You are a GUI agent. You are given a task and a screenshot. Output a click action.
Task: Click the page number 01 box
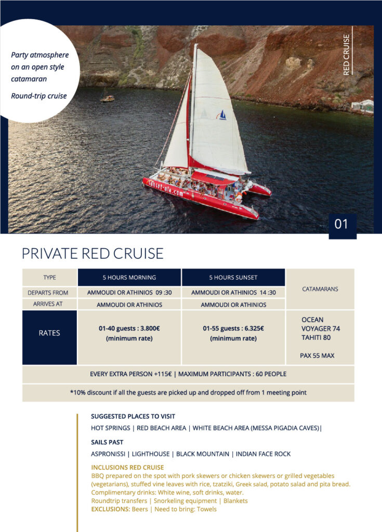(342, 224)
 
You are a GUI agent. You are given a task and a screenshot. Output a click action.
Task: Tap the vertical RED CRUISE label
(347, 55)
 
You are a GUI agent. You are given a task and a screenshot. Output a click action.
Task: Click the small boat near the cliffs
(107, 97)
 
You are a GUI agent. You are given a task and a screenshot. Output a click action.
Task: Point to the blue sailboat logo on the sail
(222, 115)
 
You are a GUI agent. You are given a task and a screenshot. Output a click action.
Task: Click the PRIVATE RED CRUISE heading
(93, 254)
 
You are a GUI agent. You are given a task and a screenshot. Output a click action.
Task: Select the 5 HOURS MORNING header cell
(129, 277)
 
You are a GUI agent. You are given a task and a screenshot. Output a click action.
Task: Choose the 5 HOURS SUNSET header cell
(233, 277)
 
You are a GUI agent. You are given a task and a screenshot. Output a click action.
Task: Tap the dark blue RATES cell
(49, 333)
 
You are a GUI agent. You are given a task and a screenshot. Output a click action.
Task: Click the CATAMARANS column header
(320, 289)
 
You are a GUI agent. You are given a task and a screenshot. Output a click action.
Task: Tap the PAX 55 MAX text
(317, 356)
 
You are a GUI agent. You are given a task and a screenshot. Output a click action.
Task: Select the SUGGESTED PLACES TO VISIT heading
(133, 417)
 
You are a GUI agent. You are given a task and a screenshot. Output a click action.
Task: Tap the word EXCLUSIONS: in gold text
(110, 509)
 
